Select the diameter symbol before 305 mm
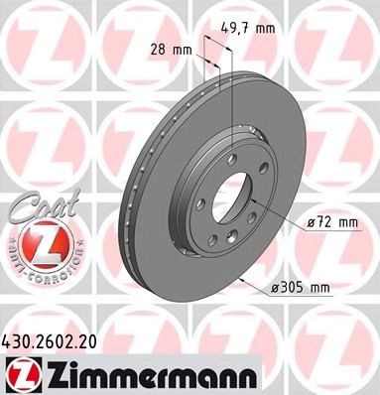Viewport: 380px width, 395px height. (x=273, y=289)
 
